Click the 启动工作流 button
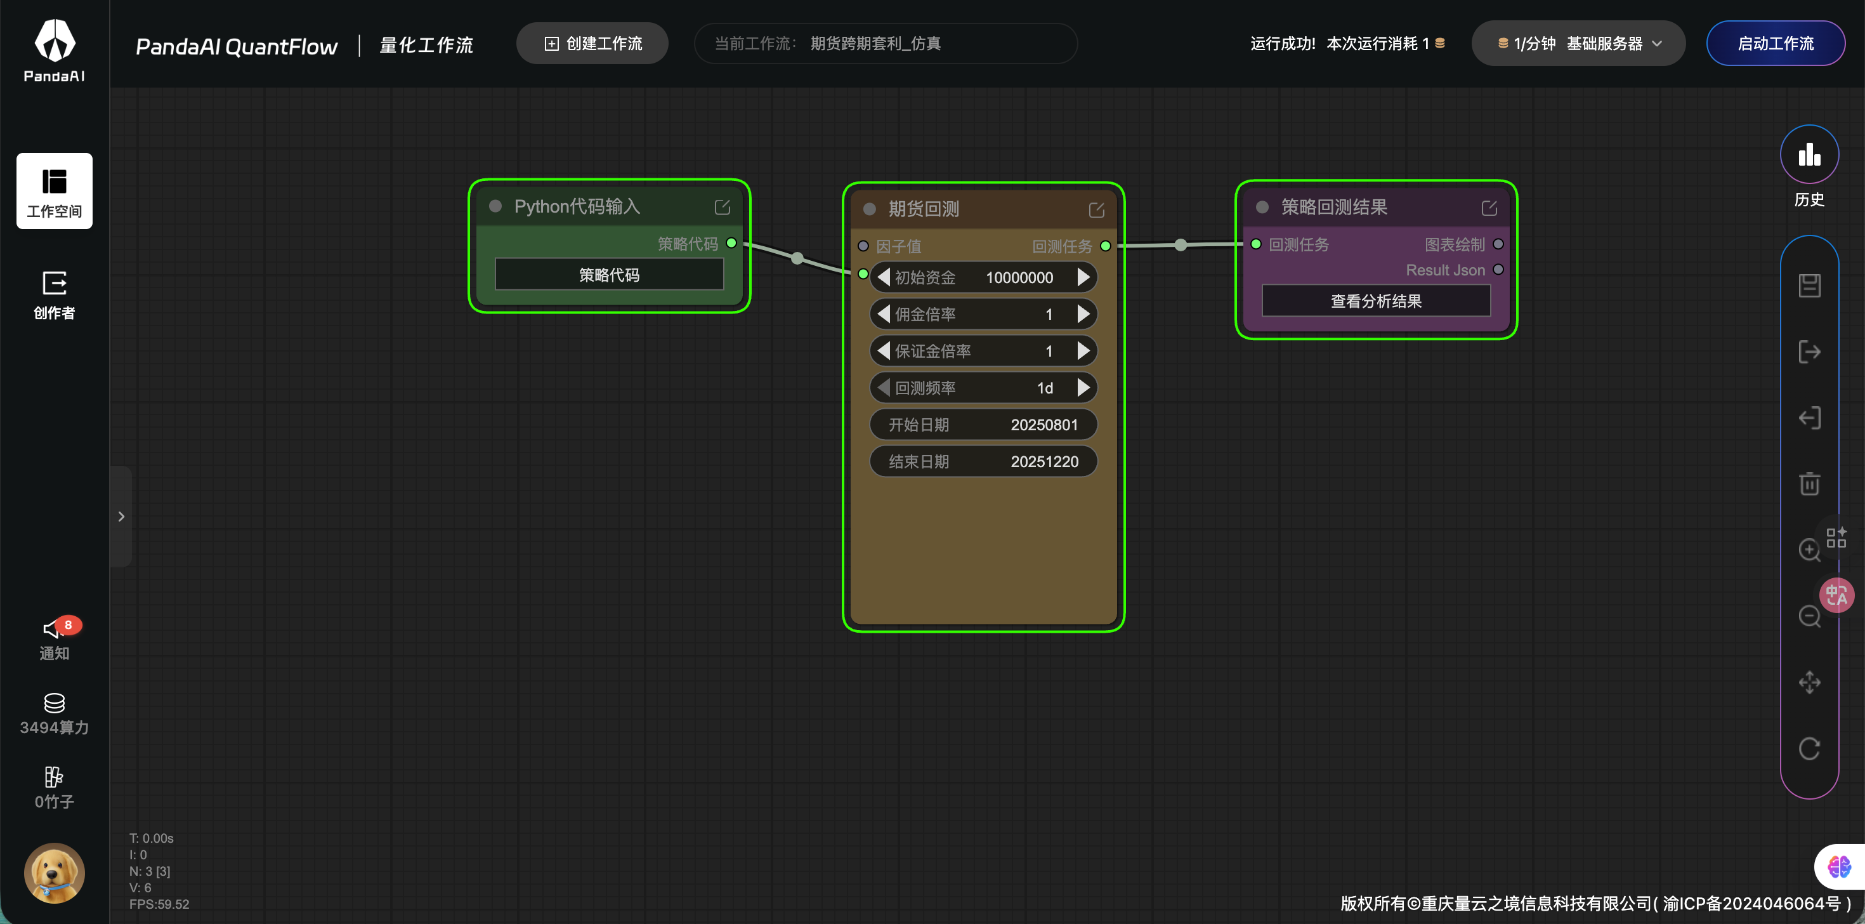1775,43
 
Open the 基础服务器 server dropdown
1578,43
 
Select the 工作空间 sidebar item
55,191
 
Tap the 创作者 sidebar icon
55,294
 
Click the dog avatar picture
55,873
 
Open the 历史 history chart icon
1809,154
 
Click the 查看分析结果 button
1375,301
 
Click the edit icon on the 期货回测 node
1096,210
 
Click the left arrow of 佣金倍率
883,314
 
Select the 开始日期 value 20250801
1044,425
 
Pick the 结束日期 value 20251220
1044,462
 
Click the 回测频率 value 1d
1045,388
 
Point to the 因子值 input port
863,246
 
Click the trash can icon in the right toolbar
1809,483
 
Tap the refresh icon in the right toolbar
1809,748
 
